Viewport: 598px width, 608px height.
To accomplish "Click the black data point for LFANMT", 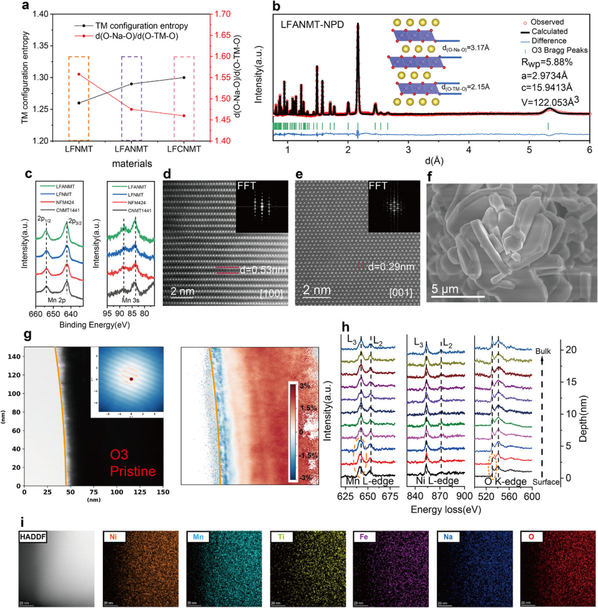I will click(x=131, y=84).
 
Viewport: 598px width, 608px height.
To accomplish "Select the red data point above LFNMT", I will click(x=78, y=74).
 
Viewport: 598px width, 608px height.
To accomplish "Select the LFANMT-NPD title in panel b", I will click(x=315, y=26).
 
